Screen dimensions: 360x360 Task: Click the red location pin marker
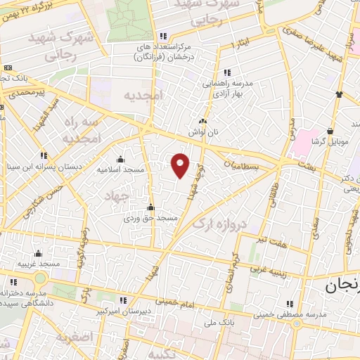tap(181, 165)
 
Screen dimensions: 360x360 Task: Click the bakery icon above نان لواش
tap(202, 120)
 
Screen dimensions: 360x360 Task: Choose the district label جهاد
tap(118, 195)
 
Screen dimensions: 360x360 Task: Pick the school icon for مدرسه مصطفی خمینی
tap(287, 304)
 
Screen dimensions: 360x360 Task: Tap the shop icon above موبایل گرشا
tap(330, 130)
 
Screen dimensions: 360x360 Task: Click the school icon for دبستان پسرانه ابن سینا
tap(44, 155)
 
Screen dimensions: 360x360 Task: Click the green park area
tap(130, 18)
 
